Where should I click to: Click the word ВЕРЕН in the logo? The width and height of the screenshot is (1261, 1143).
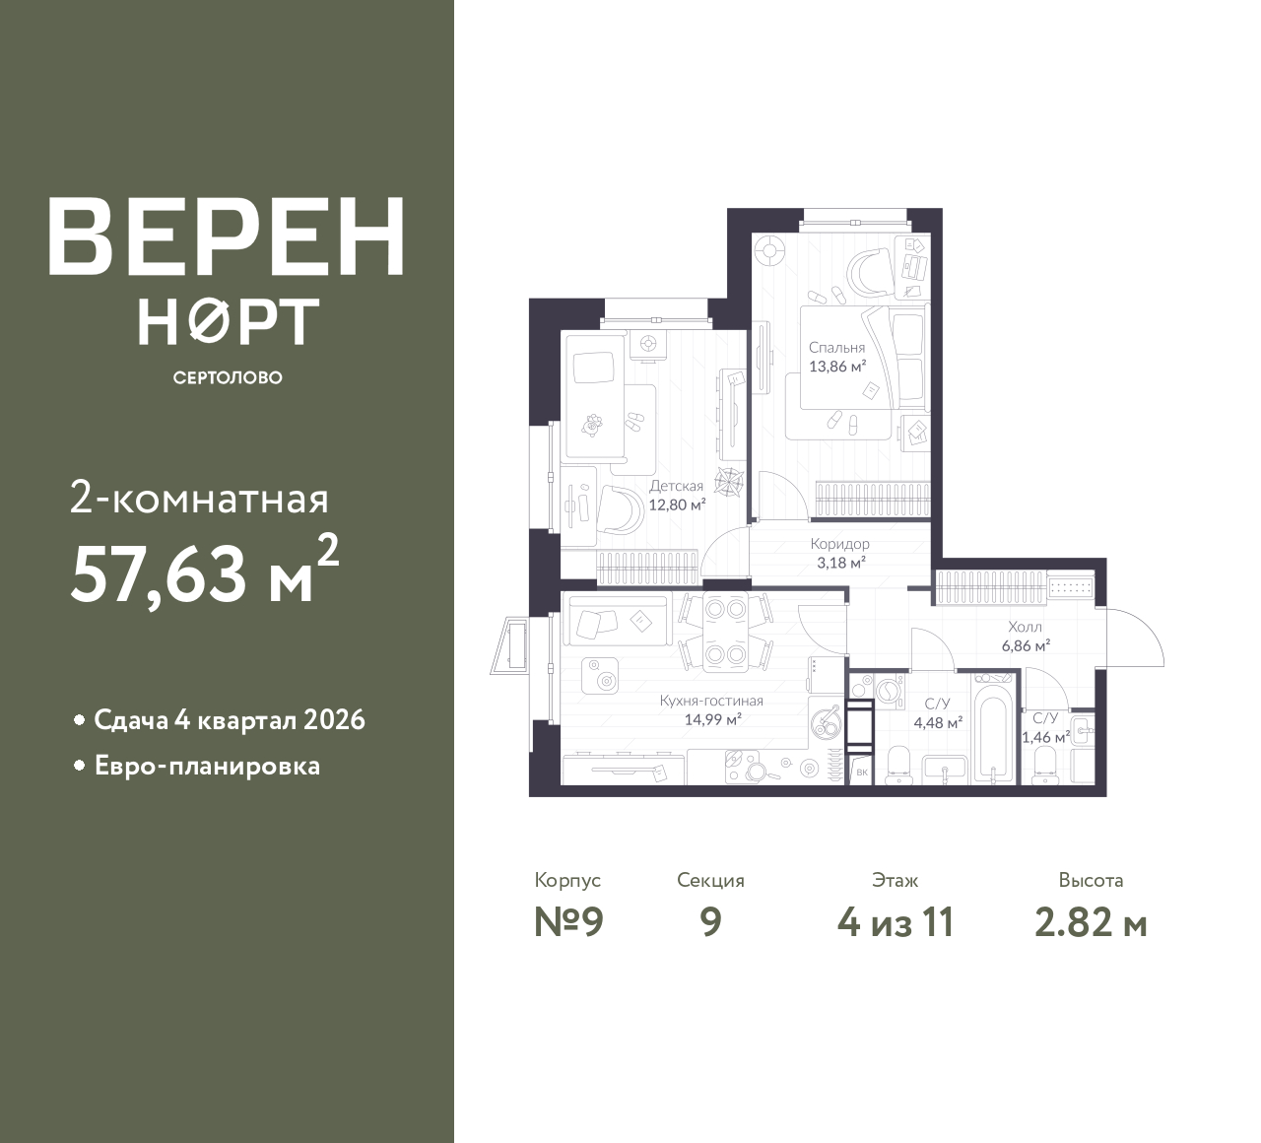227,236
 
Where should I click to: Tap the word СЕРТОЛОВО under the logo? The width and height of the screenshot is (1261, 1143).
228,377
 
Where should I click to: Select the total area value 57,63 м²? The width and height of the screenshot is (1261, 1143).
205,572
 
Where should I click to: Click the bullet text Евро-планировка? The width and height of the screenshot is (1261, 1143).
208,767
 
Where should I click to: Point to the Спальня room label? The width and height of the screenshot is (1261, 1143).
836,348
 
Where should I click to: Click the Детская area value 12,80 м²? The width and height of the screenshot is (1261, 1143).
677,504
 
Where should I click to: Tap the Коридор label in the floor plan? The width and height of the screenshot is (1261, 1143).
839,544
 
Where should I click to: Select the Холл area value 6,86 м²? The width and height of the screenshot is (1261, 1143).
1026,645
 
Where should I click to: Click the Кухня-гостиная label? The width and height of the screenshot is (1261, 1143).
711,701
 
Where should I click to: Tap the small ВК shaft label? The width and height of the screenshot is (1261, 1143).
862,773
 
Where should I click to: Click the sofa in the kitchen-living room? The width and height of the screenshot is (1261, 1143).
618,621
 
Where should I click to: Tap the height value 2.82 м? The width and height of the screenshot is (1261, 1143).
1091,923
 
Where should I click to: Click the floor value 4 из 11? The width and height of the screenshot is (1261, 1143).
896,923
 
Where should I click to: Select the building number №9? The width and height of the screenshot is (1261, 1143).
568,923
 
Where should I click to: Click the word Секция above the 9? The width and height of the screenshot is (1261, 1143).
710,880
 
